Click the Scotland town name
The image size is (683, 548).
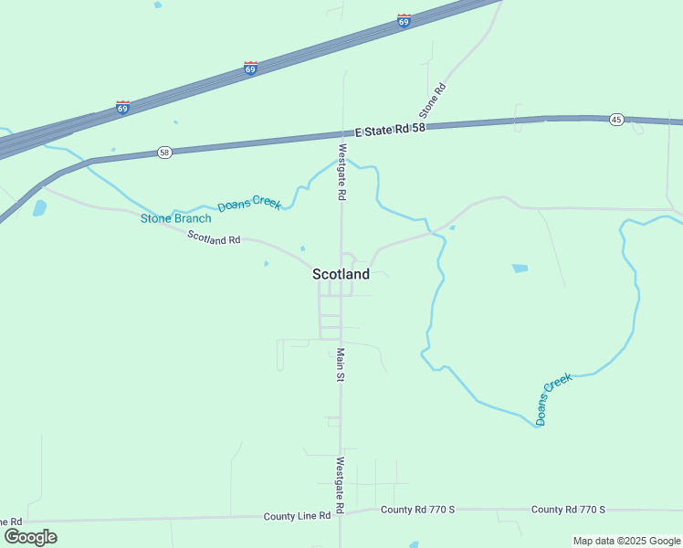coord(341,274)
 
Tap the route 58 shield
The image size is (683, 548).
coord(163,153)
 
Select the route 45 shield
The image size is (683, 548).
coord(616,120)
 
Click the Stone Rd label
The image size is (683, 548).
coord(432,100)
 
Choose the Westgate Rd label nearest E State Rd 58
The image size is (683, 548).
coord(342,172)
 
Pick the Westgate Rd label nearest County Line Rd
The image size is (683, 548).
coord(340,484)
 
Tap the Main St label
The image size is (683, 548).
coord(340,365)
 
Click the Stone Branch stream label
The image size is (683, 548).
coord(175,218)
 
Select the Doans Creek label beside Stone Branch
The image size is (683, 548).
coord(248,204)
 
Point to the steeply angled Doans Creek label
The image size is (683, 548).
coord(553,399)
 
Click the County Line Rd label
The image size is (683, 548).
coord(297,516)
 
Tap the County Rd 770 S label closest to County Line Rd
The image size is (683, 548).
coord(417,510)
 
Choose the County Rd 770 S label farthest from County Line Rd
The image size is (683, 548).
coord(569,510)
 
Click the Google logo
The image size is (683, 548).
coord(30,537)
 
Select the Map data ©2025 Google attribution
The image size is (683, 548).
coord(627,541)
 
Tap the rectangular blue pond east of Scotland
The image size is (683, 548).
coord(520,269)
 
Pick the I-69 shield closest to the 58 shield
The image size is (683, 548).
coord(122,107)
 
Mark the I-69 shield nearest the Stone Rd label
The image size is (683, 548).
coord(404,21)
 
